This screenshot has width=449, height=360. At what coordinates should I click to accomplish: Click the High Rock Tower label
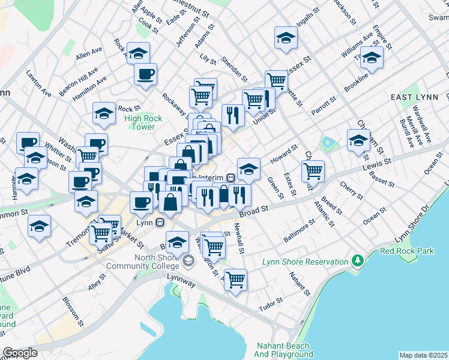[139, 122]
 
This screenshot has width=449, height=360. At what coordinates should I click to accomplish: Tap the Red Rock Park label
[407, 251]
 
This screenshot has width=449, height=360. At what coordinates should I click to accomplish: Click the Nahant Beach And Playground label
[282, 350]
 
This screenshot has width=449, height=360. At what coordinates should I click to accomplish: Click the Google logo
[20, 353]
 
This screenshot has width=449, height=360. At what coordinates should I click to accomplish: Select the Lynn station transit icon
[160, 222]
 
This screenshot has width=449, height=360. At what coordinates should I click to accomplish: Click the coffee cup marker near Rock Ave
[145, 74]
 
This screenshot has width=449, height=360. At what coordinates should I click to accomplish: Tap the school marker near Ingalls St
[286, 38]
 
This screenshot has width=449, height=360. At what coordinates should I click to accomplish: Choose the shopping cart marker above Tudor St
[235, 279]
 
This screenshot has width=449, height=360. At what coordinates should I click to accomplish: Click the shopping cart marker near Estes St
[313, 170]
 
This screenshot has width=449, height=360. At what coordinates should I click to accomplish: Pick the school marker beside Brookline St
[372, 58]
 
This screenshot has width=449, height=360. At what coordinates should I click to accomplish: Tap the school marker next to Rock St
[104, 113]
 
